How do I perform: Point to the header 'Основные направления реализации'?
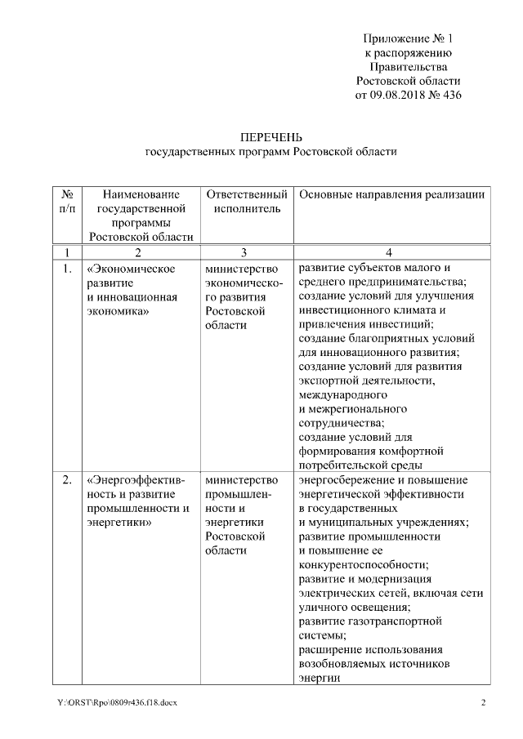[392, 195]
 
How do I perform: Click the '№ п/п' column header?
[67, 202]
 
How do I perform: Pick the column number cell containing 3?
[247, 252]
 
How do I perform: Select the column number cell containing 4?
[392, 252]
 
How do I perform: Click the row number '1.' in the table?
[67, 267]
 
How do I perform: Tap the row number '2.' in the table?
[67, 479]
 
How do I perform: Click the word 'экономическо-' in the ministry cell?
[244, 282]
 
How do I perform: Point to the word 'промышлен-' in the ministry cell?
[239, 494]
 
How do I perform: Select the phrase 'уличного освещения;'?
[352, 607]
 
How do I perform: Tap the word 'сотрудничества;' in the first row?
[341, 423]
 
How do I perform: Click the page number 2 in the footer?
[482, 702]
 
